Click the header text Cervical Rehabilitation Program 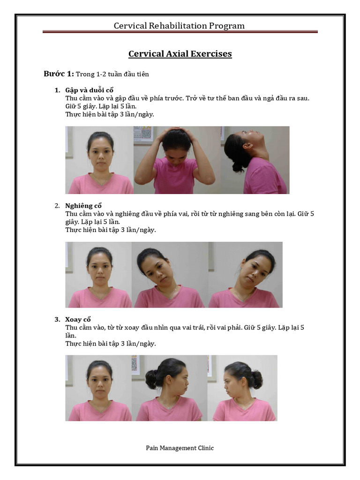point(179,26)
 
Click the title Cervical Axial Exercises point(180,54)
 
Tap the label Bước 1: point(59,74)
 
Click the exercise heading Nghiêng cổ point(84,206)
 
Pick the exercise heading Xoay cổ point(78,319)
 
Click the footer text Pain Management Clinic point(180,448)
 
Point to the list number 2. point(57,206)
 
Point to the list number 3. point(57,319)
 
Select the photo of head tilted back point(255,160)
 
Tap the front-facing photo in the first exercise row point(99,160)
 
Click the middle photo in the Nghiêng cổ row point(170,275)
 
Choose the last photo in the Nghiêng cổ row point(245,275)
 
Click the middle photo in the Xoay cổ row point(169,388)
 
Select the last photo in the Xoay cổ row point(242,388)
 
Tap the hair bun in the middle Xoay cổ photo point(152,379)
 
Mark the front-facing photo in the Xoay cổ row point(99,388)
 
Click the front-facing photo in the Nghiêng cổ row point(99,275)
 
